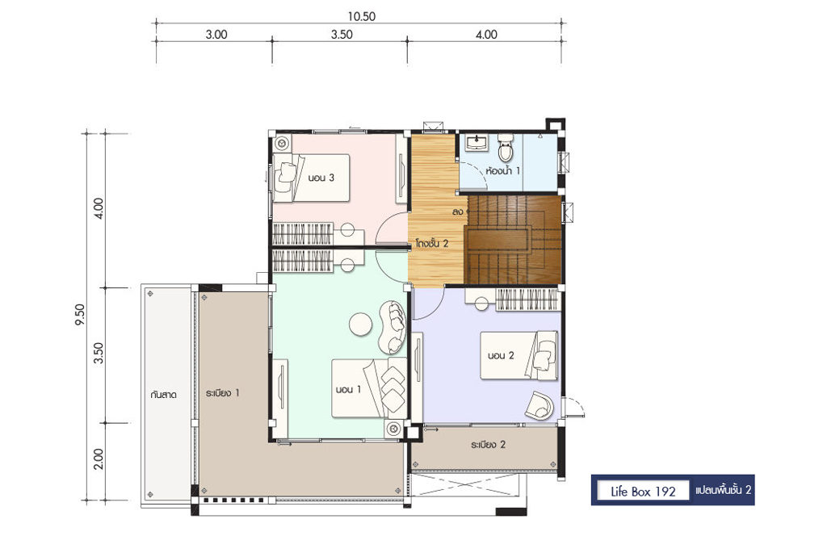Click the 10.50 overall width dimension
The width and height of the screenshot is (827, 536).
[x=361, y=16]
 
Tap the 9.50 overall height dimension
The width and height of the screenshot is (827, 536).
[x=80, y=315]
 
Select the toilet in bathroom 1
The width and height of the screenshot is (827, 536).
[x=506, y=147]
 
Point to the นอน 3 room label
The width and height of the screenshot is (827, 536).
[x=321, y=178]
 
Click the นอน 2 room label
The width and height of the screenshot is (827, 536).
[x=501, y=355]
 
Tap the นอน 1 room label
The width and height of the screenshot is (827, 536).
[x=348, y=389]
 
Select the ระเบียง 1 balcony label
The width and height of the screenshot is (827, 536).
[x=223, y=392]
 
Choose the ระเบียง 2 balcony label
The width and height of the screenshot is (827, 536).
[x=488, y=445]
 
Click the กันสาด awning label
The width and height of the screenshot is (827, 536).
[x=163, y=394]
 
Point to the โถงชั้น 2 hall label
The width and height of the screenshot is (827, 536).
[x=431, y=244]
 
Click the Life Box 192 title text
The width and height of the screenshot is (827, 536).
[x=643, y=492]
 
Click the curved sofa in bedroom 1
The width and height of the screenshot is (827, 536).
[x=393, y=327]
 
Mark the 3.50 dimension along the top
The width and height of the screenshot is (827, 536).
[x=342, y=35]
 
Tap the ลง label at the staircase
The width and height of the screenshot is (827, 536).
[x=457, y=211]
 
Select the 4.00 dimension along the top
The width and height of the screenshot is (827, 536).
[x=486, y=35]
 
